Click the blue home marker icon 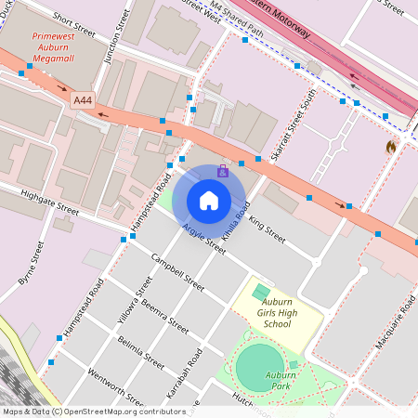pyautogui.click(x=209, y=200)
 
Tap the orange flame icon pyautogui.click(x=391, y=147)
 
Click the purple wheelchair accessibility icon pyautogui.click(x=223, y=172)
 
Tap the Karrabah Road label pyautogui.click(x=193, y=370)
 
